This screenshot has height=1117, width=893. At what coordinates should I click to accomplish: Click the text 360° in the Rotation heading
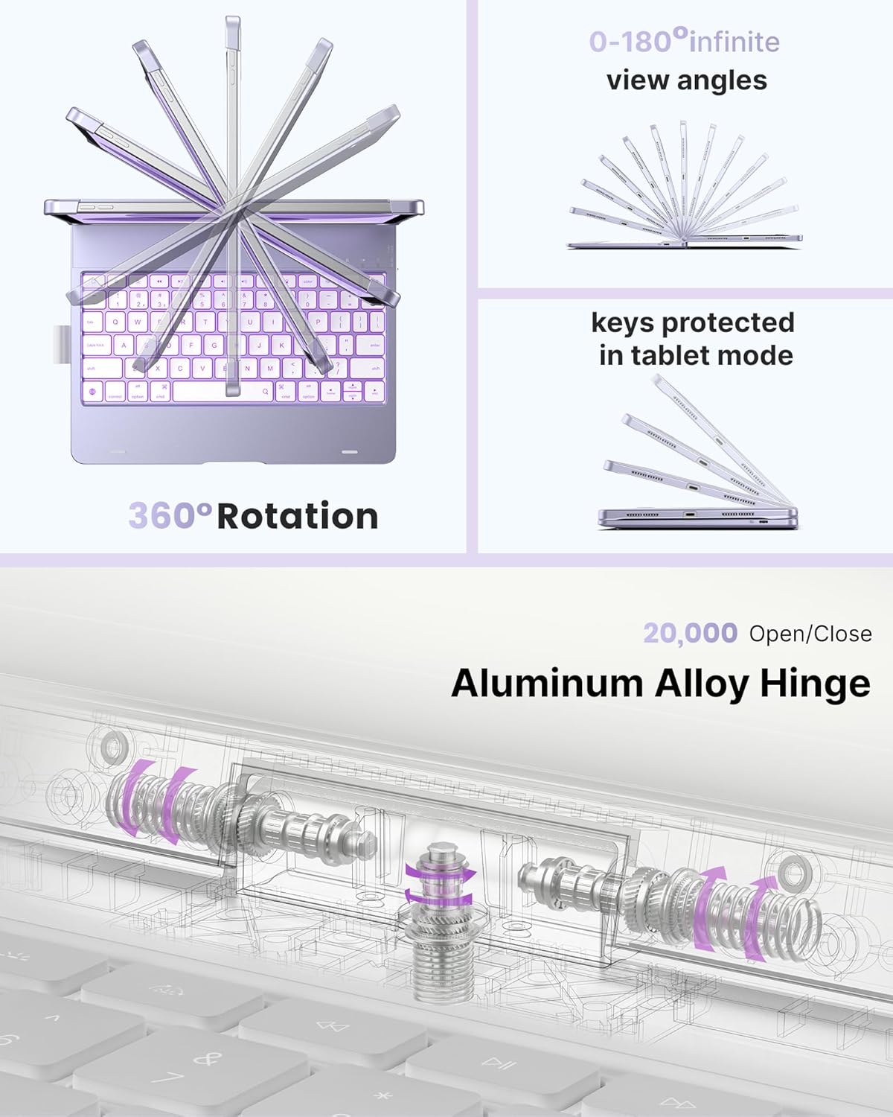click(170, 515)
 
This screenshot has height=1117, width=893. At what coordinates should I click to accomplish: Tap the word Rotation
click(298, 516)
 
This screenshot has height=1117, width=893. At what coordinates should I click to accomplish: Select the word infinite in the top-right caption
click(734, 42)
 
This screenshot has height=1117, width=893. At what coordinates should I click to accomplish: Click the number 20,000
click(690, 633)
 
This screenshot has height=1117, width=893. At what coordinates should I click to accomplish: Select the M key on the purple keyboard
click(270, 368)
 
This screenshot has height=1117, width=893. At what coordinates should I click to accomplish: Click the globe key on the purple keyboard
click(92, 392)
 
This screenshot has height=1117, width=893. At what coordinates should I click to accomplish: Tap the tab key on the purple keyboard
click(92, 322)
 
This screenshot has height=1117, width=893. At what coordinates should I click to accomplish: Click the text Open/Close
click(810, 634)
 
